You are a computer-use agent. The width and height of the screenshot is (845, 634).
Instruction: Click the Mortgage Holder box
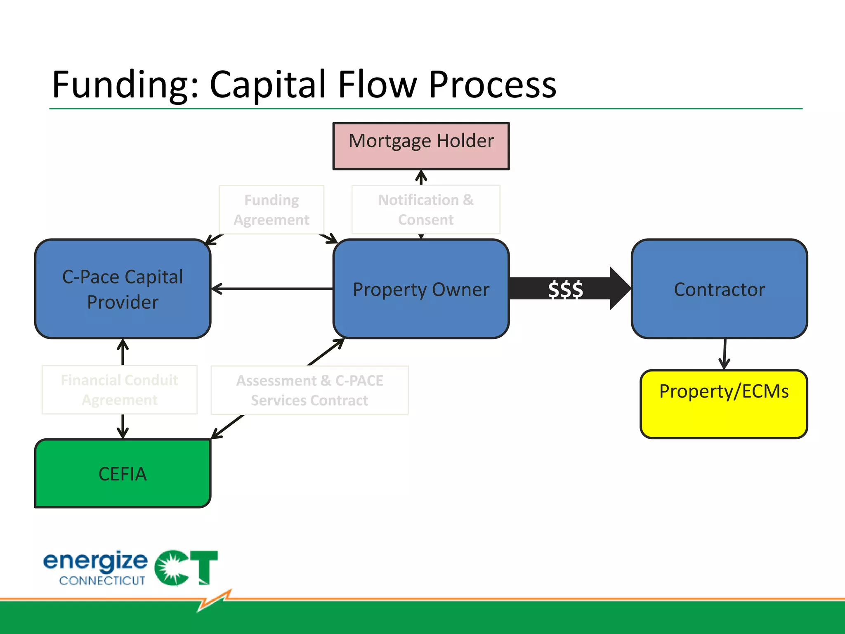(x=421, y=146)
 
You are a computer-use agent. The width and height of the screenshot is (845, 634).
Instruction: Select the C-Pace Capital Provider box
(x=123, y=289)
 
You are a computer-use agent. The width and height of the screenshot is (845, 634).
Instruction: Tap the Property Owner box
(x=421, y=289)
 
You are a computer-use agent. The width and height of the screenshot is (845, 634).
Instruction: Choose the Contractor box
(x=719, y=289)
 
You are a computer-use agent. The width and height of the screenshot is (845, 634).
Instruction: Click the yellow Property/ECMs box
(x=724, y=404)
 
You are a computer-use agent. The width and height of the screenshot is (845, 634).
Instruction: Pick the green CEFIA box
(x=123, y=473)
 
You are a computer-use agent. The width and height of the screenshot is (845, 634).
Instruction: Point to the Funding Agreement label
(x=271, y=210)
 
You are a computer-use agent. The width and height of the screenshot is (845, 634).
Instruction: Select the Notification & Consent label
(x=426, y=210)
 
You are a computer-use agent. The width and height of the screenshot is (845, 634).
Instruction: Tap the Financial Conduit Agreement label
(x=120, y=390)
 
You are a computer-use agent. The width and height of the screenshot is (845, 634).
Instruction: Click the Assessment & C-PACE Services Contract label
(x=309, y=390)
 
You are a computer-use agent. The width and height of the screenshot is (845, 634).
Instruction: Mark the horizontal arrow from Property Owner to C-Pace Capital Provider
(x=272, y=289)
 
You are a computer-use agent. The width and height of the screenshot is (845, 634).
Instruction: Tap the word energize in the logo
(x=95, y=561)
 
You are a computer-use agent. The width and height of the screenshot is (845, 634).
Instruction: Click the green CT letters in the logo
(x=186, y=568)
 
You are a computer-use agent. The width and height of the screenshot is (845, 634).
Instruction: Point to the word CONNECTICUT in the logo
(x=102, y=581)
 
